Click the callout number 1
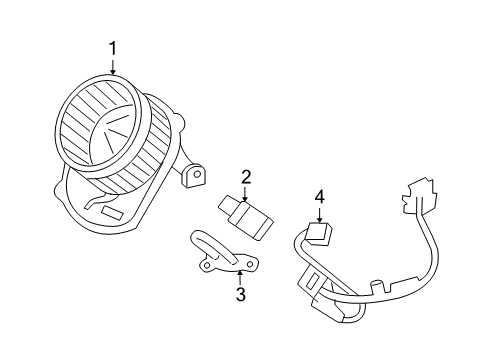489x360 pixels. click(113, 48)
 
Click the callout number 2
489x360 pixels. click(245, 177)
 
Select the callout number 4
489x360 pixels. click(320, 198)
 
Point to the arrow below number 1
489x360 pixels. click(113, 67)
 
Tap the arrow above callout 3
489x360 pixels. click(240, 276)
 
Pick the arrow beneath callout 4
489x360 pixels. click(320, 216)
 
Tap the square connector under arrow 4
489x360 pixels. click(320, 235)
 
